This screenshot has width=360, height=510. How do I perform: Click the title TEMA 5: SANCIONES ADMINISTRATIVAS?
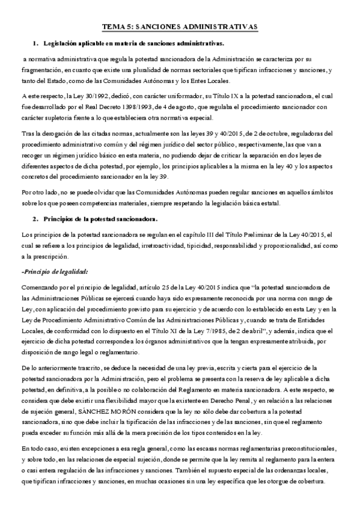(180, 28)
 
